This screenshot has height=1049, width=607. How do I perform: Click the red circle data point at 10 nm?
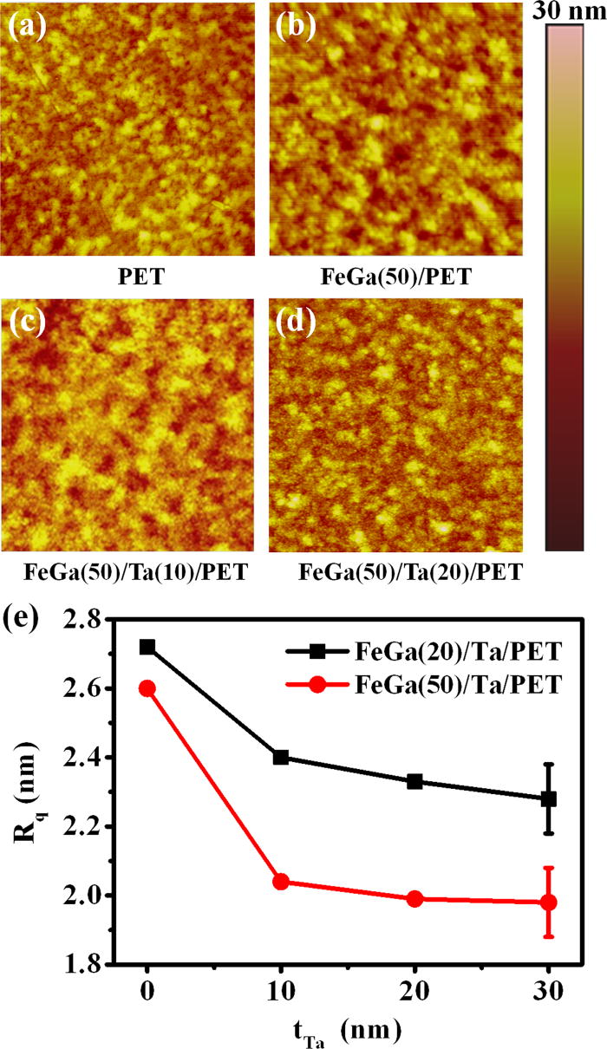coord(281,882)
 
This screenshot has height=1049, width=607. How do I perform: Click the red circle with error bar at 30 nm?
coord(548,902)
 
